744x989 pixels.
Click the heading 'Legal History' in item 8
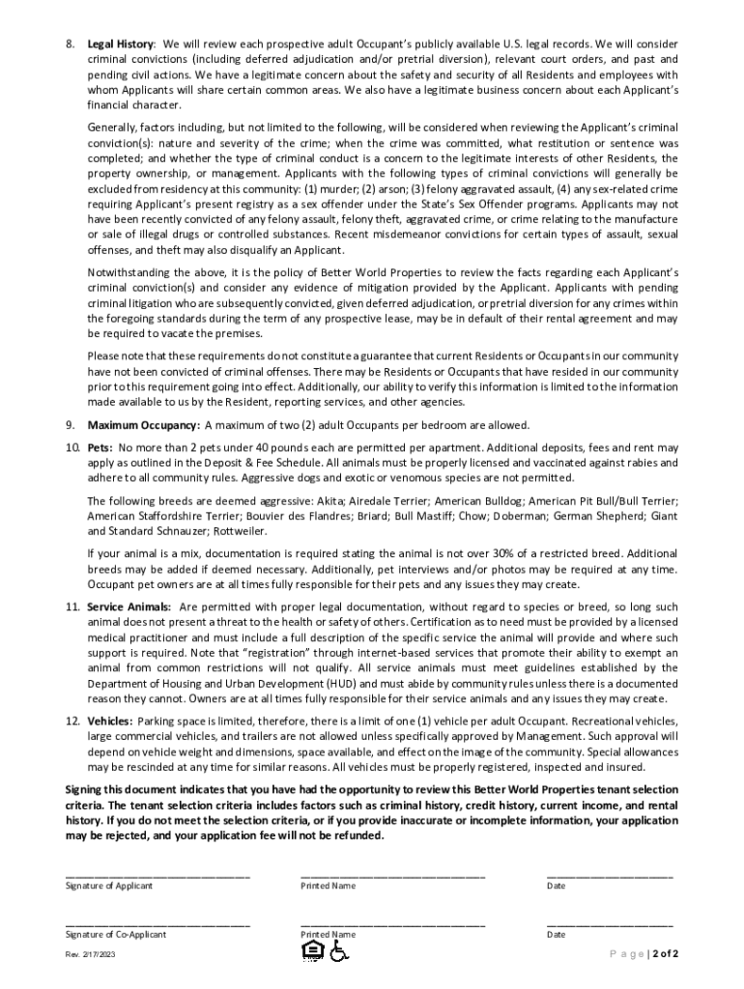[x=120, y=44]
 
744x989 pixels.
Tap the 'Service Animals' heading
[x=129, y=607]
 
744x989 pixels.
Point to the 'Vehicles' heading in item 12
[x=109, y=721]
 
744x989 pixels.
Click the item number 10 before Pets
[x=72, y=448]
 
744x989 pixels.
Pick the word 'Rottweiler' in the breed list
[x=237, y=531]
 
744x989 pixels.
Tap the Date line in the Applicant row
[x=610, y=875]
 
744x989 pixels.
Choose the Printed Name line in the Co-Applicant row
[x=392, y=924]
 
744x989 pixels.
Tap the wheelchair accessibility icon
[x=338, y=952]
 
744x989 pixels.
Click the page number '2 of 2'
[x=666, y=954]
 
